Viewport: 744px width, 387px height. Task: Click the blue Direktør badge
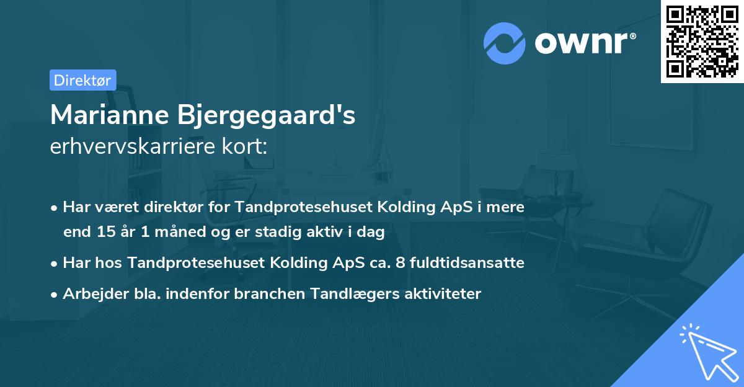[x=82, y=80]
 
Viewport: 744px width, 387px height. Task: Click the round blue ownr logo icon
[x=505, y=43]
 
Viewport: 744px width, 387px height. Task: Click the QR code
[x=702, y=41]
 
